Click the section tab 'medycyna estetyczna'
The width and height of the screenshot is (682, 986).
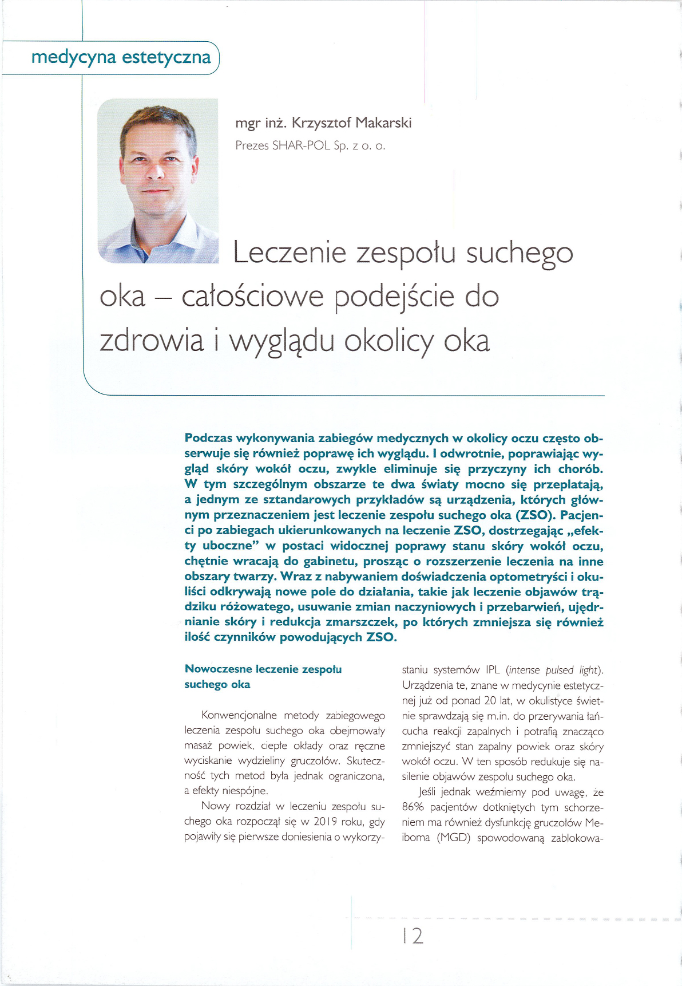121,57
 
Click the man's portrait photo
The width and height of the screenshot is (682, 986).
158,181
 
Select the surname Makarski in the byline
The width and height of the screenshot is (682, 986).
383,123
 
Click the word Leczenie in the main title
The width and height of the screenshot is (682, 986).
290,253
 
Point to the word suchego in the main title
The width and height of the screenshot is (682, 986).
519,254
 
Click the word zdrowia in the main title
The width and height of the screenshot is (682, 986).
151,341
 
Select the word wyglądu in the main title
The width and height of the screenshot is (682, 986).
281,342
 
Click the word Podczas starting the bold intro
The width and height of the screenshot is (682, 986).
208,438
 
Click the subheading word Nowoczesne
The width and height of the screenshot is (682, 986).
218,669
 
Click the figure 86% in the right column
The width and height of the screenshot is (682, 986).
413,807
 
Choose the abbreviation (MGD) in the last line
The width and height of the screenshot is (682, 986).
454,838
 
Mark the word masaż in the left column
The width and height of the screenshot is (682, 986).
197,746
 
